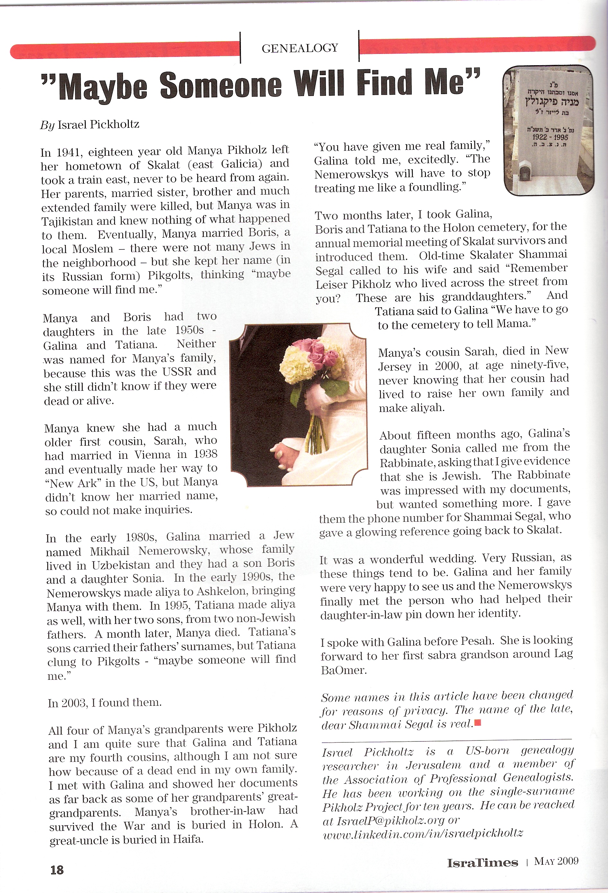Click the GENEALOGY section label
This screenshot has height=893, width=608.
(300, 48)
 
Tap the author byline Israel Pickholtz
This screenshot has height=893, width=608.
(98, 125)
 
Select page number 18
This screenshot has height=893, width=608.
(57, 870)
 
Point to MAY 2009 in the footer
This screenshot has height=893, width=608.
(556, 861)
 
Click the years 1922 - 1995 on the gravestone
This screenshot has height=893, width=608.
(550, 137)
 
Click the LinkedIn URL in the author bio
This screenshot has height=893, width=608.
(423, 834)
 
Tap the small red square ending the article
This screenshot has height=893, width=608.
(478, 723)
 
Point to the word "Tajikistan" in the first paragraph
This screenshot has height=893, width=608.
(67, 221)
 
